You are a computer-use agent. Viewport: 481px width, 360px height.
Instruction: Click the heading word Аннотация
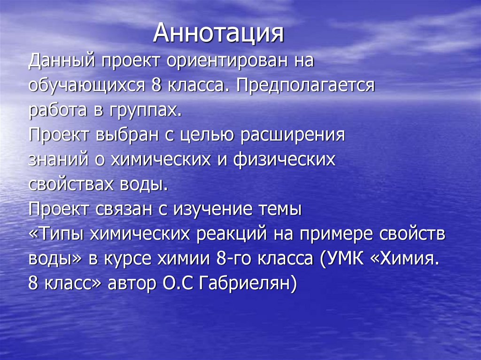[x=219, y=34]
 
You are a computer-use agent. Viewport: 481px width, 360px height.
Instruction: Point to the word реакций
[x=228, y=234]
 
